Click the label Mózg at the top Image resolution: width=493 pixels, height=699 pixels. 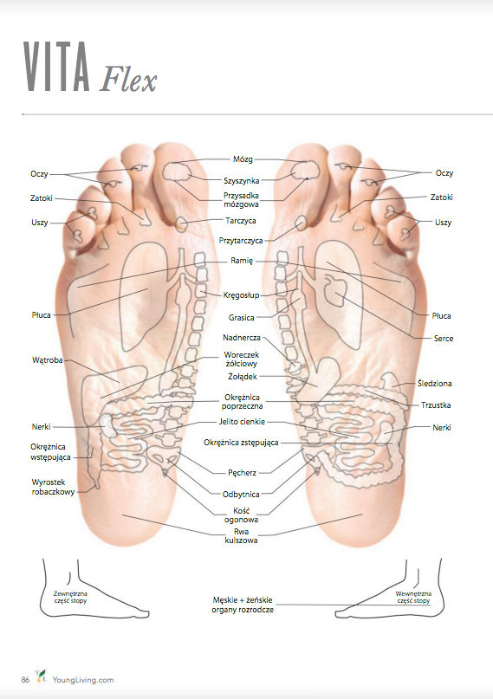pos(243,159)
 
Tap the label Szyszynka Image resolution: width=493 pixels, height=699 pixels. pos(241,180)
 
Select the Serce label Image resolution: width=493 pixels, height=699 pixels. pos(444,339)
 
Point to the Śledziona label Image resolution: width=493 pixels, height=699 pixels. pos(434,384)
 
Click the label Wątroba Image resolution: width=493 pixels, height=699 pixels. pos(48,360)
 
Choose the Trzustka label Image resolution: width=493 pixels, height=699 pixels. pos(436,405)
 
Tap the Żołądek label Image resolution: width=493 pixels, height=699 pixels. pos(242,377)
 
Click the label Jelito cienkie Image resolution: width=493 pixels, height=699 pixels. pos(242,422)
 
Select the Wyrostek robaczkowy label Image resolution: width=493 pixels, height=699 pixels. pos(53,487)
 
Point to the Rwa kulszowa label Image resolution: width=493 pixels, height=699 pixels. pos(241,536)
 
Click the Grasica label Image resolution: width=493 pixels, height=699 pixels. pos(241,318)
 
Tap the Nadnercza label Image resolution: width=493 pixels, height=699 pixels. pos(242,338)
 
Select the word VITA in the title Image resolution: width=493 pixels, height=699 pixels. pos(56,67)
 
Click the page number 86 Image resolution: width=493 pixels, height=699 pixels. pos(25,680)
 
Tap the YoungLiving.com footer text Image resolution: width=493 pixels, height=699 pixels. pos(83,680)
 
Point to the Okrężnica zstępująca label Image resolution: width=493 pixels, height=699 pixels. pos(241,443)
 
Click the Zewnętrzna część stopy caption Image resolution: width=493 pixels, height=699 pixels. pos(70,598)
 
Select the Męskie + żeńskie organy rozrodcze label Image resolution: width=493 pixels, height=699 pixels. pos(243,605)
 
